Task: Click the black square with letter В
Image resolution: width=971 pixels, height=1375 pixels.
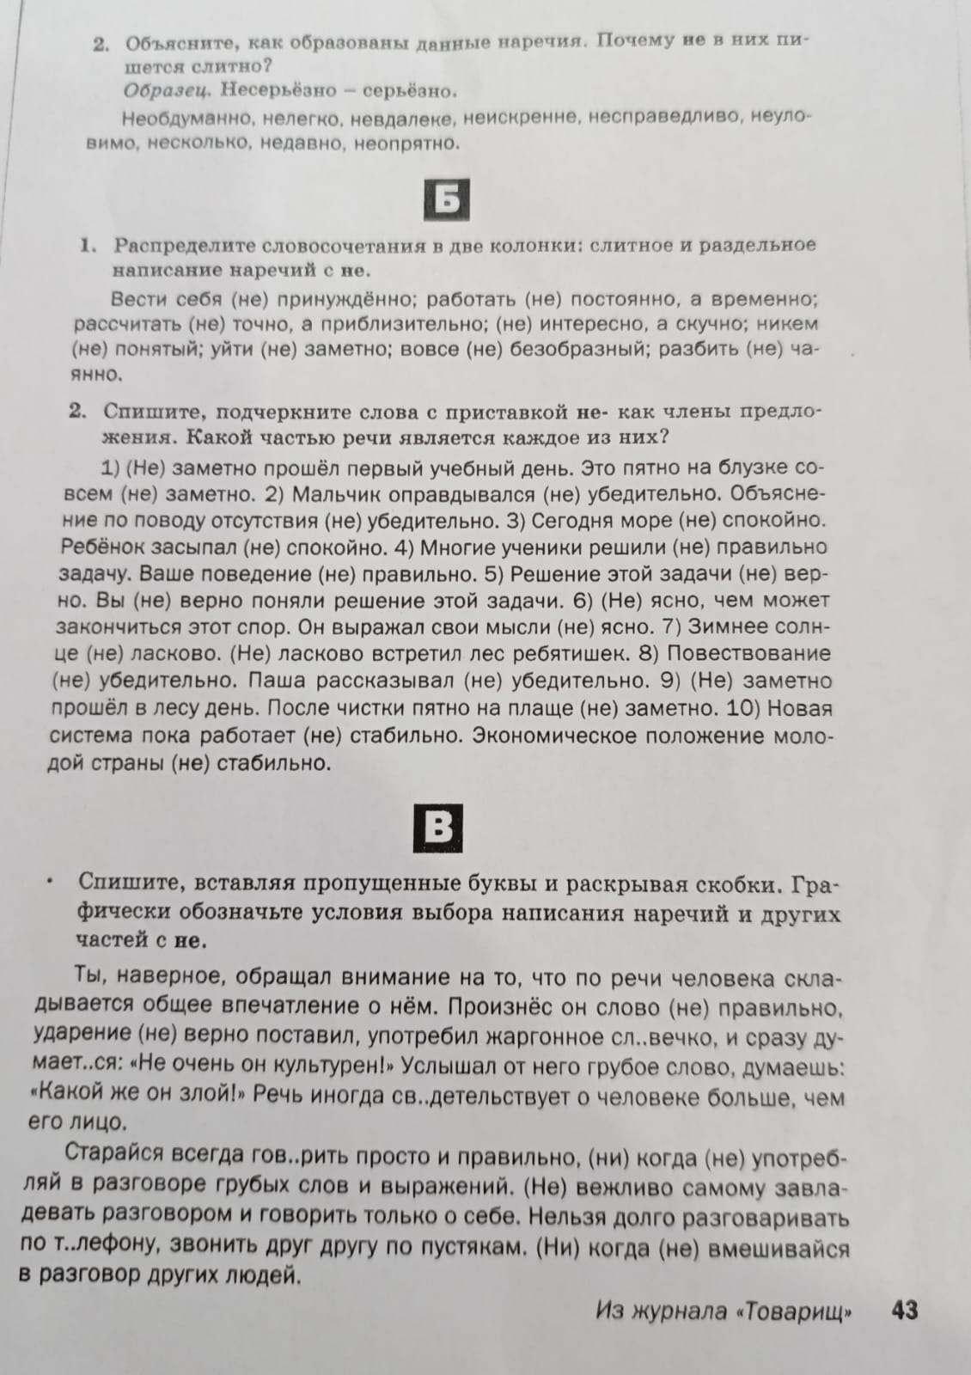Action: point(438,828)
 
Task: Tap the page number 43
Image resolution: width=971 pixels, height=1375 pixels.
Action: point(905,1311)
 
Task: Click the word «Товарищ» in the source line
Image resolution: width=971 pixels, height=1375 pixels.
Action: point(795,1311)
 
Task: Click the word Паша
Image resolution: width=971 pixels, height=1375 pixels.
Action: point(278,681)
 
